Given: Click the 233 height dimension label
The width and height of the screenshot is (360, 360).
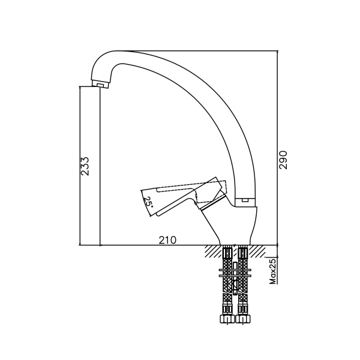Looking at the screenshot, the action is [x=85, y=166].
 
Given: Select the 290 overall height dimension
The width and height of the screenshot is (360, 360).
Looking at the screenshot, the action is [x=283, y=160].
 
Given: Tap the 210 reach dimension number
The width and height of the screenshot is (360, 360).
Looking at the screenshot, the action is [x=167, y=240].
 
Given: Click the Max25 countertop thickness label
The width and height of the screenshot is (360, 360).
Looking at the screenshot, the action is [x=272, y=271].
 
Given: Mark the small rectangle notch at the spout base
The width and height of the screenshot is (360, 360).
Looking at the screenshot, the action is [x=245, y=200].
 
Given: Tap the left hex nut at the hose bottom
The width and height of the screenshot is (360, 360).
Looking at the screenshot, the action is [x=227, y=319].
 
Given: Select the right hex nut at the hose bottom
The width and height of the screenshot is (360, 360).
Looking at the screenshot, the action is [x=243, y=319].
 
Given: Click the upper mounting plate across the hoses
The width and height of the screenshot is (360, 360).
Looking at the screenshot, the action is [x=235, y=270].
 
